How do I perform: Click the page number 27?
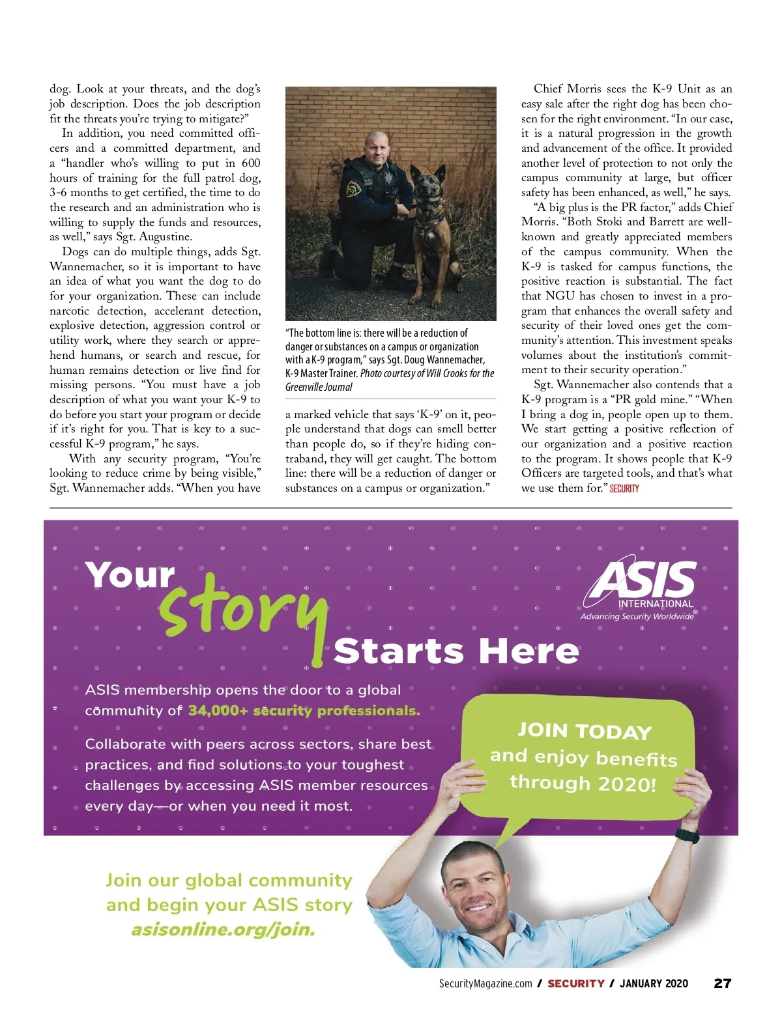tap(723, 983)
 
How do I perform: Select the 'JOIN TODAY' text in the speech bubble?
tap(585, 731)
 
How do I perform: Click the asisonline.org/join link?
tap(223, 929)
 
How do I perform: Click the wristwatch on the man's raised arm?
tap(687, 836)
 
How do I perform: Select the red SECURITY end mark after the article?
tap(624, 488)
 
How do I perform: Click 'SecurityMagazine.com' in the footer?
tap(485, 984)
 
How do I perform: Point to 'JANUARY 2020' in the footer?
tap(654, 984)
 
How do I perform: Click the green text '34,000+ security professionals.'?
tap(304, 711)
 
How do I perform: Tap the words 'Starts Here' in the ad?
tap(456, 651)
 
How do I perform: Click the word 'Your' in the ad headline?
tap(130, 576)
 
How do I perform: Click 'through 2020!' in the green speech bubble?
tap(583, 783)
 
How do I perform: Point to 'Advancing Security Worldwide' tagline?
tap(637, 616)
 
